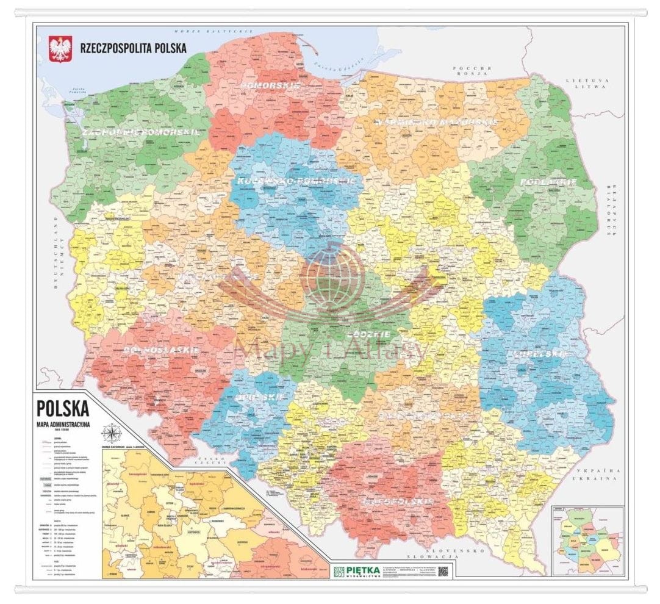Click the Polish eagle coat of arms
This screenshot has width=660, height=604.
60,49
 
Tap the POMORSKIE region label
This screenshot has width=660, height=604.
270,86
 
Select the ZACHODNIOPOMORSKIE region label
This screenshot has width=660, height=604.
134,131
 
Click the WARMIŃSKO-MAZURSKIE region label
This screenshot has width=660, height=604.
435,122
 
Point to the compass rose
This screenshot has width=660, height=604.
112,434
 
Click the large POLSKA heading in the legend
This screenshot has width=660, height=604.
63,408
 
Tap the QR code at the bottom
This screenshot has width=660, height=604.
443,571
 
